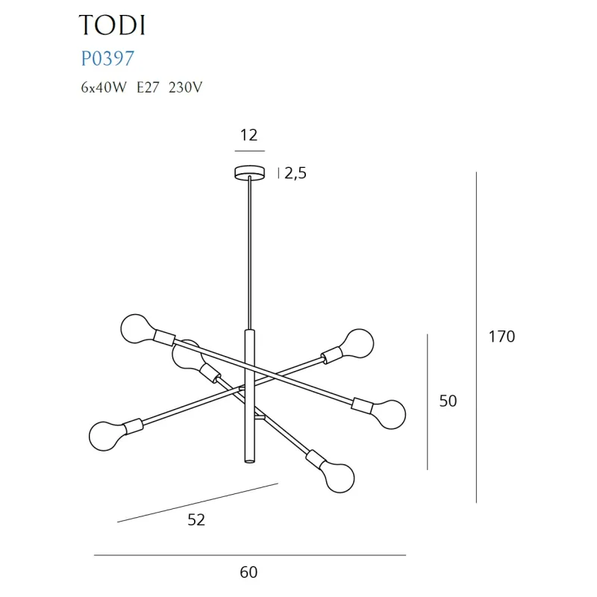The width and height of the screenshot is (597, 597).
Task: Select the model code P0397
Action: tap(107, 57)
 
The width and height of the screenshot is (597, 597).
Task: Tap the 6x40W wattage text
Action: tap(104, 87)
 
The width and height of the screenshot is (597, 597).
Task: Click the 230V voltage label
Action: tap(186, 87)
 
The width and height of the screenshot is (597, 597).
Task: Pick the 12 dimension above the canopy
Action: tap(249, 135)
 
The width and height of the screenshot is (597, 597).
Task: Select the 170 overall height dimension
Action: tap(501, 337)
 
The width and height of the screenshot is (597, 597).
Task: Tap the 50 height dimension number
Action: tap(448, 401)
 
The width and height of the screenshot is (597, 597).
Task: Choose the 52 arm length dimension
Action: tap(196, 520)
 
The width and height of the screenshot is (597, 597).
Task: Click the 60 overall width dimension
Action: tap(249, 572)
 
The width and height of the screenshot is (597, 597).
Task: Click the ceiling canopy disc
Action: tap(249, 172)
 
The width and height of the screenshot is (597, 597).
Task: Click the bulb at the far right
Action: tap(390, 413)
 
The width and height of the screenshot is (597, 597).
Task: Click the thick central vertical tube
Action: tap(249, 396)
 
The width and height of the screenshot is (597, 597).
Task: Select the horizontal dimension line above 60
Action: tap(249, 555)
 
